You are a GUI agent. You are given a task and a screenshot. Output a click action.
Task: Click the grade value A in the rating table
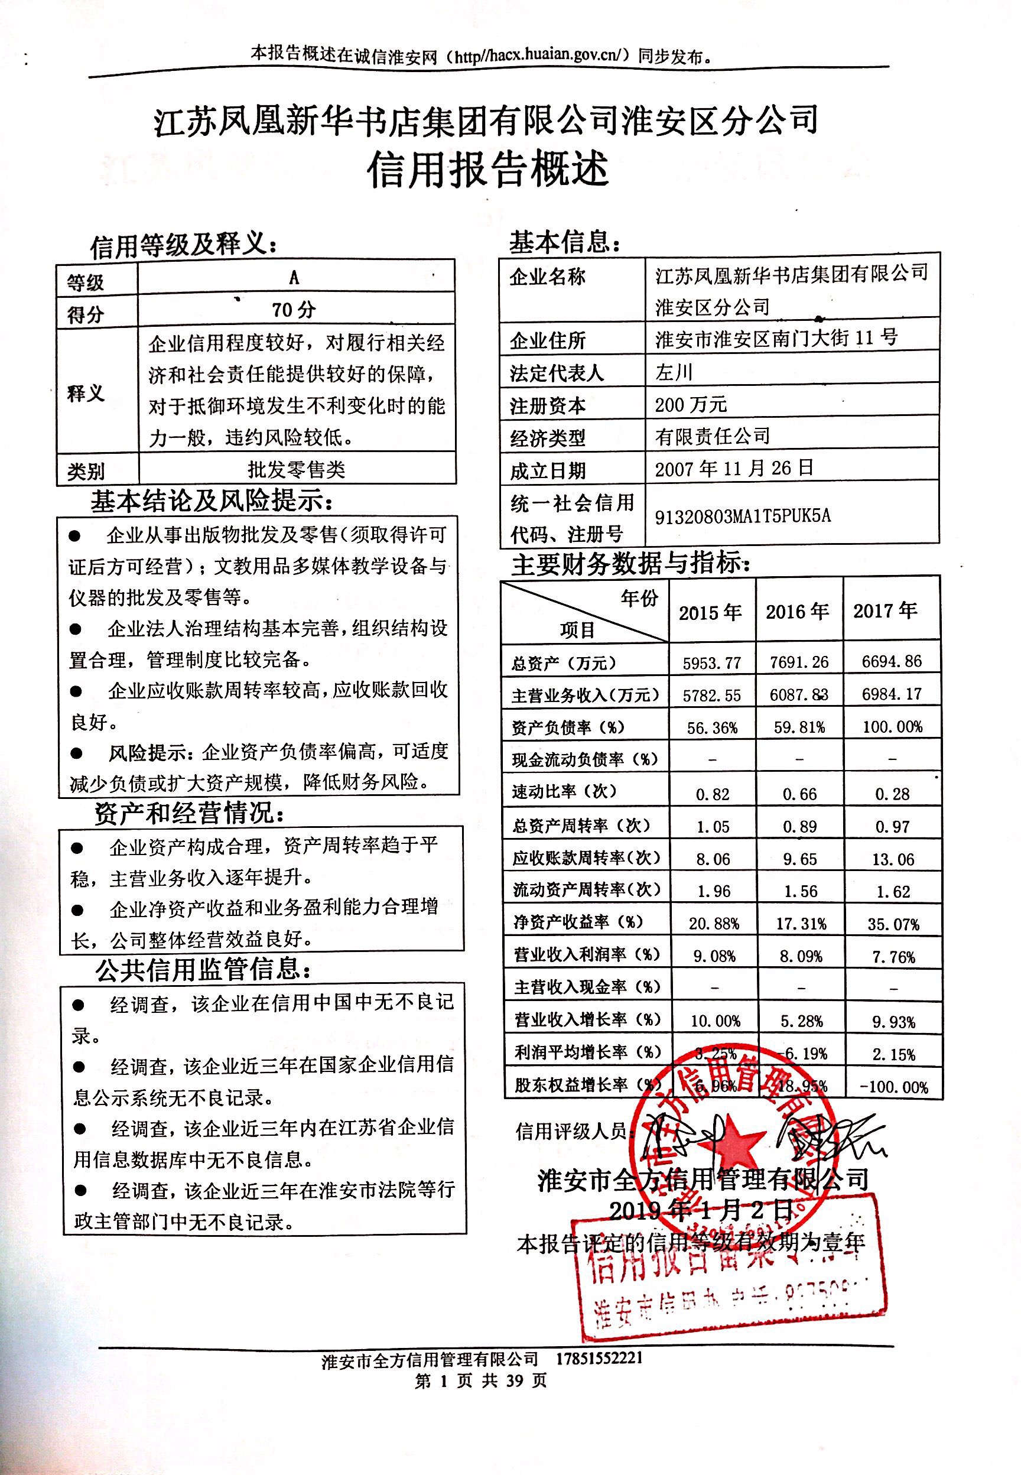pos(294,277)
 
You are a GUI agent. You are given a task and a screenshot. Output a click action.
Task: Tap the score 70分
pos(294,310)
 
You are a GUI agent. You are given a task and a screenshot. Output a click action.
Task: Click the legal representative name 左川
pos(674,372)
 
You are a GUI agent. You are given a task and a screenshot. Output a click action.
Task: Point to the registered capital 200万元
pos(690,404)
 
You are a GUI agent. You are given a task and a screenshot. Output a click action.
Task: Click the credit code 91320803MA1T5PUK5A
pos(742,515)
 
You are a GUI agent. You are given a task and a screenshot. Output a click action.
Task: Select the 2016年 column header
pos(798,612)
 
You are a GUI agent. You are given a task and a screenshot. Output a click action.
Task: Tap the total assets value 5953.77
pos(711,663)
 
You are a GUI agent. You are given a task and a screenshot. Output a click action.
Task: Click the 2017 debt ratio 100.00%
pos(892,727)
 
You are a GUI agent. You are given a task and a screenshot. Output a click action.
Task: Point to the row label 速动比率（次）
pos(564,792)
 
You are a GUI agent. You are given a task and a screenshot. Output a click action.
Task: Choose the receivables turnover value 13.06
pos(892,859)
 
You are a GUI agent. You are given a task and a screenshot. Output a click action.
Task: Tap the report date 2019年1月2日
pos(701,1210)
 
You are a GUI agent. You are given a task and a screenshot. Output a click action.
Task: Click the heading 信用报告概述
pos(487,170)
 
